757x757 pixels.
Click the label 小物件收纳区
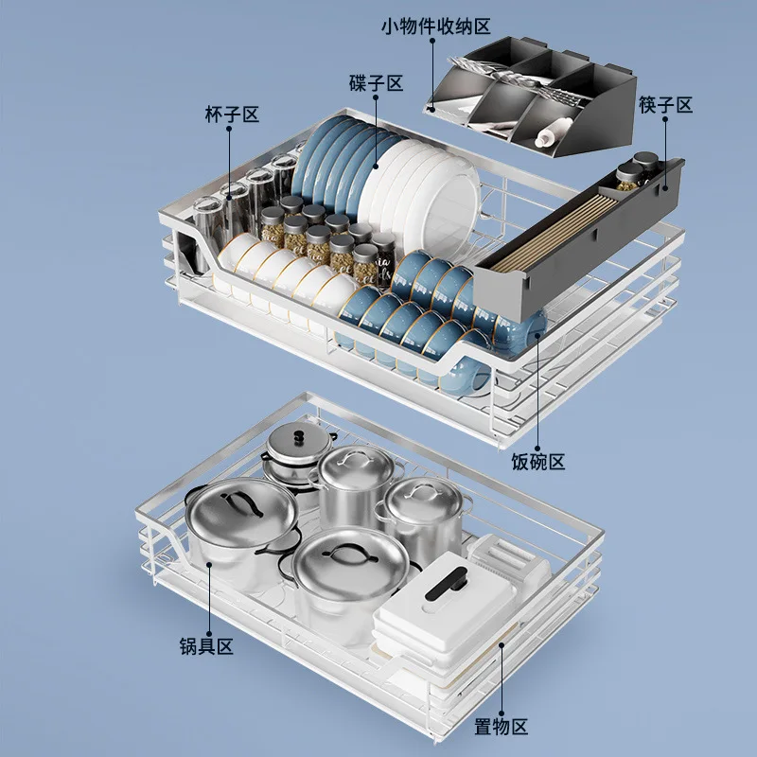point(436,26)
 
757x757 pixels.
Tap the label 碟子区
point(376,83)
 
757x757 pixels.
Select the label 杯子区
point(232,114)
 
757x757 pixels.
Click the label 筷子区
point(665,104)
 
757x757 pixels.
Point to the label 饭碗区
point(538,462)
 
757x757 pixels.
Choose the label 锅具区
point(206,646)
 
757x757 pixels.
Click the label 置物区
point(502,726)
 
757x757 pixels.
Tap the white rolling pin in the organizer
point(553,132)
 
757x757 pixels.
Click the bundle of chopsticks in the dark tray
point(555,233)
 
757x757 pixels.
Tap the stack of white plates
point(421,188)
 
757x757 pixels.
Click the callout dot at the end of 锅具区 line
point(209,564)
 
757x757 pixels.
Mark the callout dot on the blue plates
point(376,167)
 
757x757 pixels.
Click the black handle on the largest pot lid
point(241,504)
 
